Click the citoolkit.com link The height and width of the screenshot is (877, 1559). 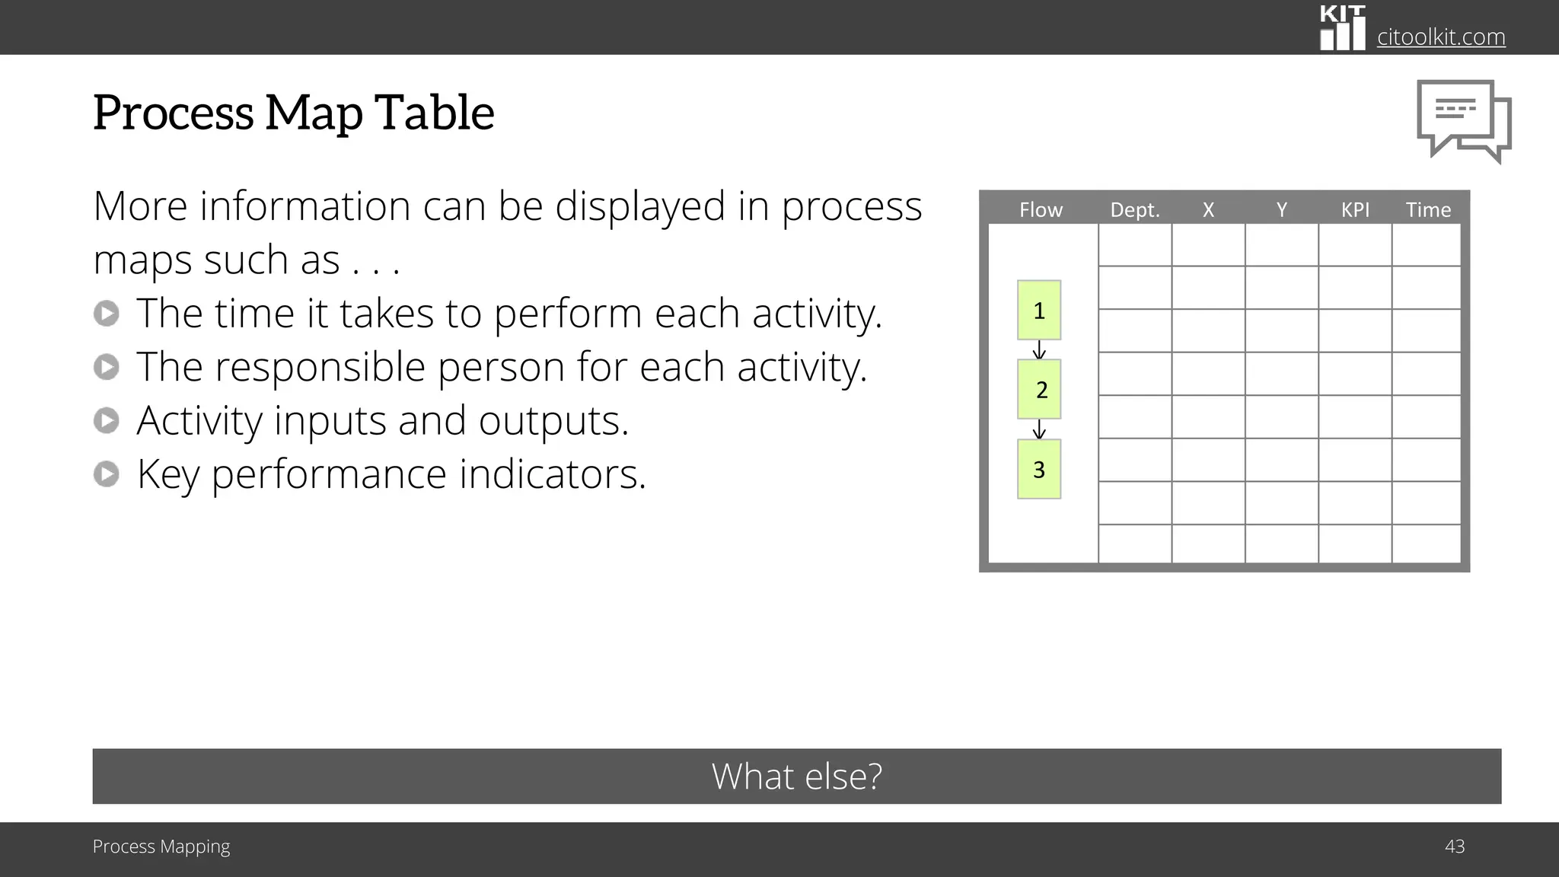point(1440,37)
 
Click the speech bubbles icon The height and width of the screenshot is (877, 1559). point(1463,120)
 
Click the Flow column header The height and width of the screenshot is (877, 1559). point(1041,209)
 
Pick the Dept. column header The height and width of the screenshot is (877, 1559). point(1134,209)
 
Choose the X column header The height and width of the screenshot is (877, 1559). point(1208,209)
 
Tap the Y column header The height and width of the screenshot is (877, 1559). point(1281,209)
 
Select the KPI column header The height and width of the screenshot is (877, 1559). point(1355,209)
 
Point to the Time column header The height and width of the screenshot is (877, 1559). point(1428,209)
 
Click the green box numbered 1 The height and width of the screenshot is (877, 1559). point(1039,310)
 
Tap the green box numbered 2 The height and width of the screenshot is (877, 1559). point(1039,389)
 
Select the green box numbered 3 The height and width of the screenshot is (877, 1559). point(1039,469)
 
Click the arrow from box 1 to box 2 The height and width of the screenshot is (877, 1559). point(1039,350)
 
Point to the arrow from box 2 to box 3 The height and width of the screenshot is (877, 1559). point(1039,429)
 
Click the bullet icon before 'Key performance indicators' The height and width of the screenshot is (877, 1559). point(107,474)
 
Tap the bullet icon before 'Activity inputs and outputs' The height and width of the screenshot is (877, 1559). point(107,420)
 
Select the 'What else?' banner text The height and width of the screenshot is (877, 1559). point(796,777)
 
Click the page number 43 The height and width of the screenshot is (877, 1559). point(1454,847)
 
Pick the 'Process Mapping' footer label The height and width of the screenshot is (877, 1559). point(161,847)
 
